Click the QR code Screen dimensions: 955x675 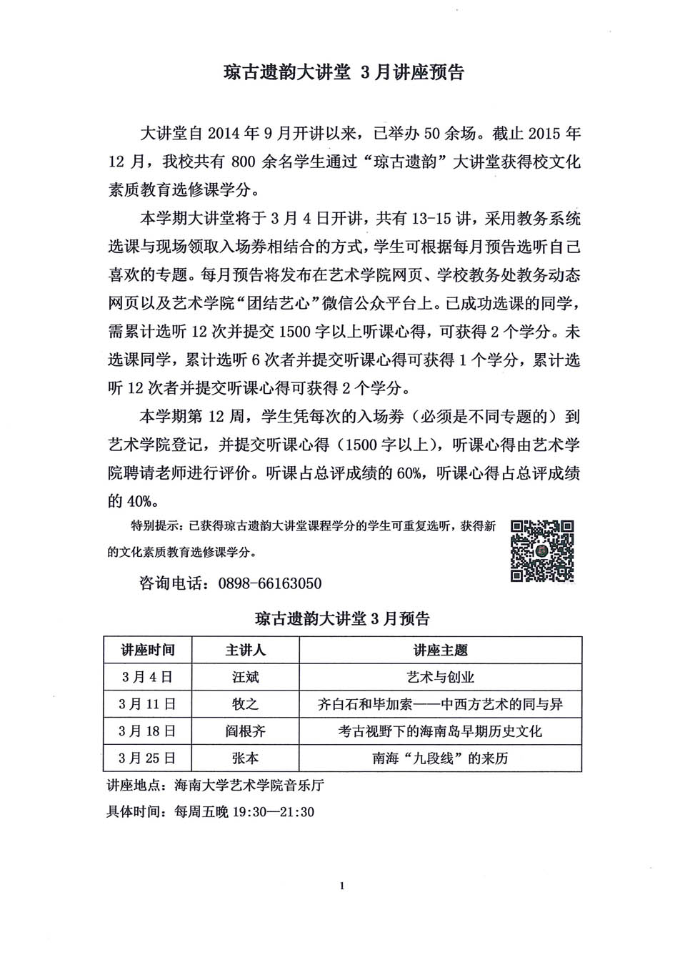542,550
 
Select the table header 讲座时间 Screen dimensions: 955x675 147,650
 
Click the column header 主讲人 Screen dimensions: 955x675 245,650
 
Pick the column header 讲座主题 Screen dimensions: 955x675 440,650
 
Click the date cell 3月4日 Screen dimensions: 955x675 147,677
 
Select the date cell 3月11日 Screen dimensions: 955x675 147,704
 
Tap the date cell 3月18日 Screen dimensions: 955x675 147,731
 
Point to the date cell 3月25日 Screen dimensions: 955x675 147,758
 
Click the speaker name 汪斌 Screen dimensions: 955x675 245,677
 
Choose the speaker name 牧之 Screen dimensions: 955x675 245,704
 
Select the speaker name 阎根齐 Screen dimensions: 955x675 245,731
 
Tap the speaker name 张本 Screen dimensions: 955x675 245,758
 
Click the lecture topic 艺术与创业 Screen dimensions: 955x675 440,677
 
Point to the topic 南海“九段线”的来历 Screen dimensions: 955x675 440,758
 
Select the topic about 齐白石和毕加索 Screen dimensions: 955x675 440,704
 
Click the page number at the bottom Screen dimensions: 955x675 343,886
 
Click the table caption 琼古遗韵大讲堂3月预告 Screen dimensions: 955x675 342,619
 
